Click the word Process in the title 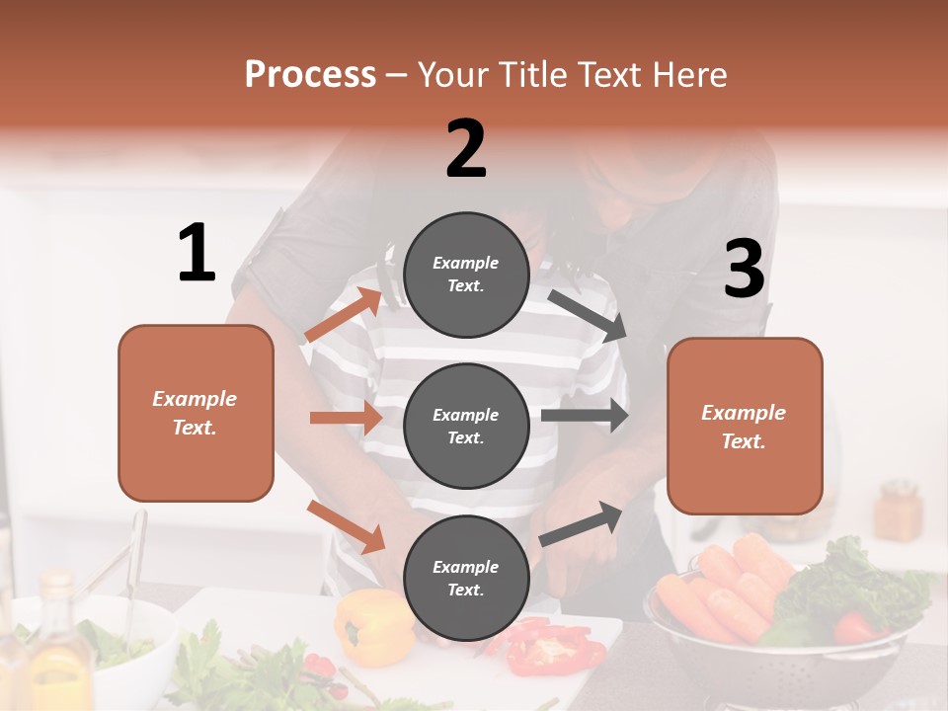tap(310, 75)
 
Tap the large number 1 tap(197, 254)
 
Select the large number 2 tap(466, 149)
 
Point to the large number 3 tap(744, 270)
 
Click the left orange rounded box tap(196, 413)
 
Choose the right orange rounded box tap(745, 426)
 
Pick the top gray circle tap(466, 274)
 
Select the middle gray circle tap(466, 426)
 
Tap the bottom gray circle tap(466, 578)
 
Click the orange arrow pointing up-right tap(343, 315)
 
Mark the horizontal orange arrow tap(346, 418)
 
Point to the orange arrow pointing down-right tap(347, 526)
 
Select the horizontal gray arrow tap(585, 415)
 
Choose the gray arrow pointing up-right tap(582, 523)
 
